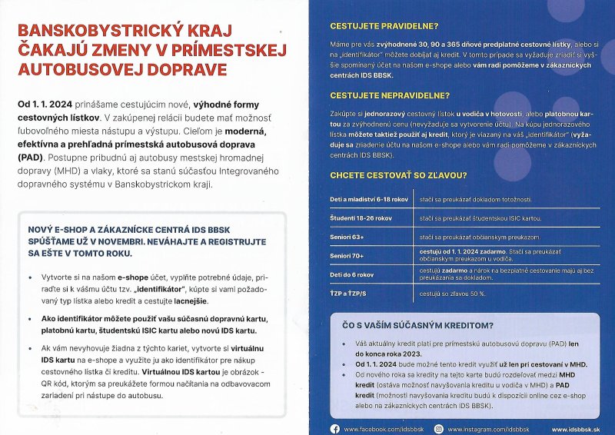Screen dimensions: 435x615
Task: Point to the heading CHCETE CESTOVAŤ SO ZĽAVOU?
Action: tap(397, 175)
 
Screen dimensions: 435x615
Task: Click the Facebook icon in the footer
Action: tap(334, 429)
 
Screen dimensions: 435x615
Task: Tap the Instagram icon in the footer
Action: tap(439, 429)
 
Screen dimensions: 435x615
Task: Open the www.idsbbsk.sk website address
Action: tap(576, 429)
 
